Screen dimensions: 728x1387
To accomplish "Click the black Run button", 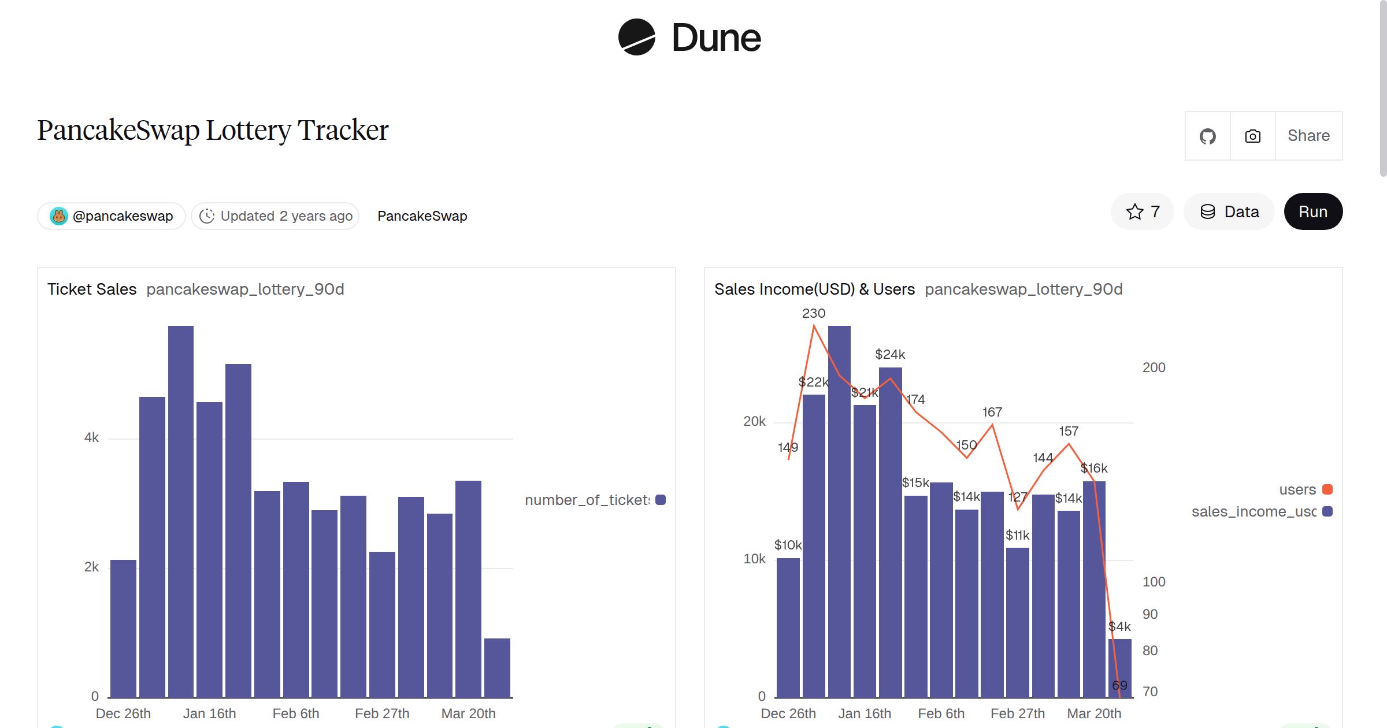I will pyautogui.click(x=1312, y=211).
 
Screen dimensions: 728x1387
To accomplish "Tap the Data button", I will pyautogui.click(x=1229, y=211).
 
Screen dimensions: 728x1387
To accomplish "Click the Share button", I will pyautogui.click(x=1308, y=136).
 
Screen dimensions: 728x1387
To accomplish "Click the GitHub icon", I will pyautogui.click(x=1207, y=136).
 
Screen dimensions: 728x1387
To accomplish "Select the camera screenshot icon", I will pyautogui.click(x=1252, y=136).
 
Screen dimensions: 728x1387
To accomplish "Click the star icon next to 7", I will pyautogui.click(x=1134, y=211).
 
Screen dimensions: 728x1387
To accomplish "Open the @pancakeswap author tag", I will pyautogui.click(x=112, y=216).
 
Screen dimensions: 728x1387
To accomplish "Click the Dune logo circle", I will pyautogui.click(x=636, y=38).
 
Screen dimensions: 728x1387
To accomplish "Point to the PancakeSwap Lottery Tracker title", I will pyautogui.click(x=213, y=130).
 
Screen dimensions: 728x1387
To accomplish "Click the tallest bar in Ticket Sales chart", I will pyautogui.click(x=181, y=511).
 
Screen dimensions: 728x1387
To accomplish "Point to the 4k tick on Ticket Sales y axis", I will pyautogui.click(x=91, y=438).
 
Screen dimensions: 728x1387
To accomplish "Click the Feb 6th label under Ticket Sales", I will pyautogui.click(x=295, y=714).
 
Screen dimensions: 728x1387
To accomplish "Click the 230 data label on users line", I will pyautogui.click(x=813, y=314).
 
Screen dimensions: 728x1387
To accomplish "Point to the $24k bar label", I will pyautogui.click(x=889, y=354).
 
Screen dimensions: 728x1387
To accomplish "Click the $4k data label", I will pyautogui.click(x=1119, y=626).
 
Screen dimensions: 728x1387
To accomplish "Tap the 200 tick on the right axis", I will pyautogui.click(x=1154, y=367).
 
